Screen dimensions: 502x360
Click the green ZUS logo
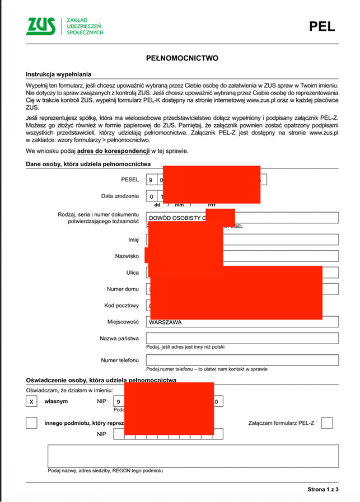pos(41,26)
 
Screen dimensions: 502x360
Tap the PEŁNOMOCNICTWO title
pos(180,58)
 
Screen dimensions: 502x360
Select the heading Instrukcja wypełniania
pos(58,74)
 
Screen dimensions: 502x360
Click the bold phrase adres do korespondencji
pos(114,151)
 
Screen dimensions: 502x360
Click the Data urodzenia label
pos(119,196)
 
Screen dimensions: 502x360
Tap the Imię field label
pos(133,240)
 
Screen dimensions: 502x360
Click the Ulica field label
pos(132,273)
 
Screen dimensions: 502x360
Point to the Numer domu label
pos(122,289)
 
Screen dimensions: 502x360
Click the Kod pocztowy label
pos(121,306)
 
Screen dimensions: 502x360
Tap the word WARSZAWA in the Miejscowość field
pos(166,322)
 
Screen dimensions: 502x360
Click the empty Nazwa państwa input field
pos(242,339)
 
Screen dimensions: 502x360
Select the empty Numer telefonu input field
pos(242,360)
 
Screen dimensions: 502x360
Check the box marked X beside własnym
pos(32,401)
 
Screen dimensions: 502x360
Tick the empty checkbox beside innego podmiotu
pos(32,423)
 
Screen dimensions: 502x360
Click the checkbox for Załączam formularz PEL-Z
pos(327,423)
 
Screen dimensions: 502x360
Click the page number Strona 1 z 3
pos(322,489)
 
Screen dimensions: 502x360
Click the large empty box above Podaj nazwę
pos(193,455)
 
